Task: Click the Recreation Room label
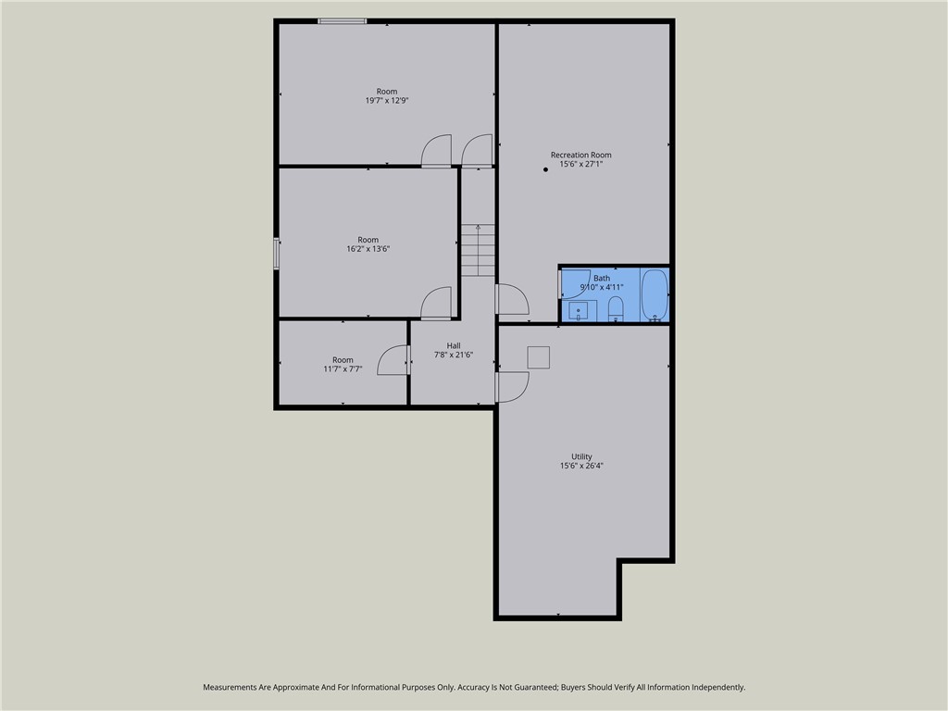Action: point(580,155)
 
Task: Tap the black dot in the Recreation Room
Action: point(545,169)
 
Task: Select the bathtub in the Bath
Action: point(654,294)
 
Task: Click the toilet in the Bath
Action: point(617,308)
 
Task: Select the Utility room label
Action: point(581,456)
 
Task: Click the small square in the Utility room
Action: point(538,357)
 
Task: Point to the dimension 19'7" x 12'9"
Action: point(387,100)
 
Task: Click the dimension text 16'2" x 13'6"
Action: point(368,248)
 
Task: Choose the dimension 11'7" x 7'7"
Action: point(343,368)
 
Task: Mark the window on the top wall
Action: point(343,20)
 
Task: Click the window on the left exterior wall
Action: point(276,254)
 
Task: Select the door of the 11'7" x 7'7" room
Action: point(394,361)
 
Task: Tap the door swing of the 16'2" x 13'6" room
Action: point(436,304)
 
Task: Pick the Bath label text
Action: point(602,278)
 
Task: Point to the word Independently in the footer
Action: point(717,687)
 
